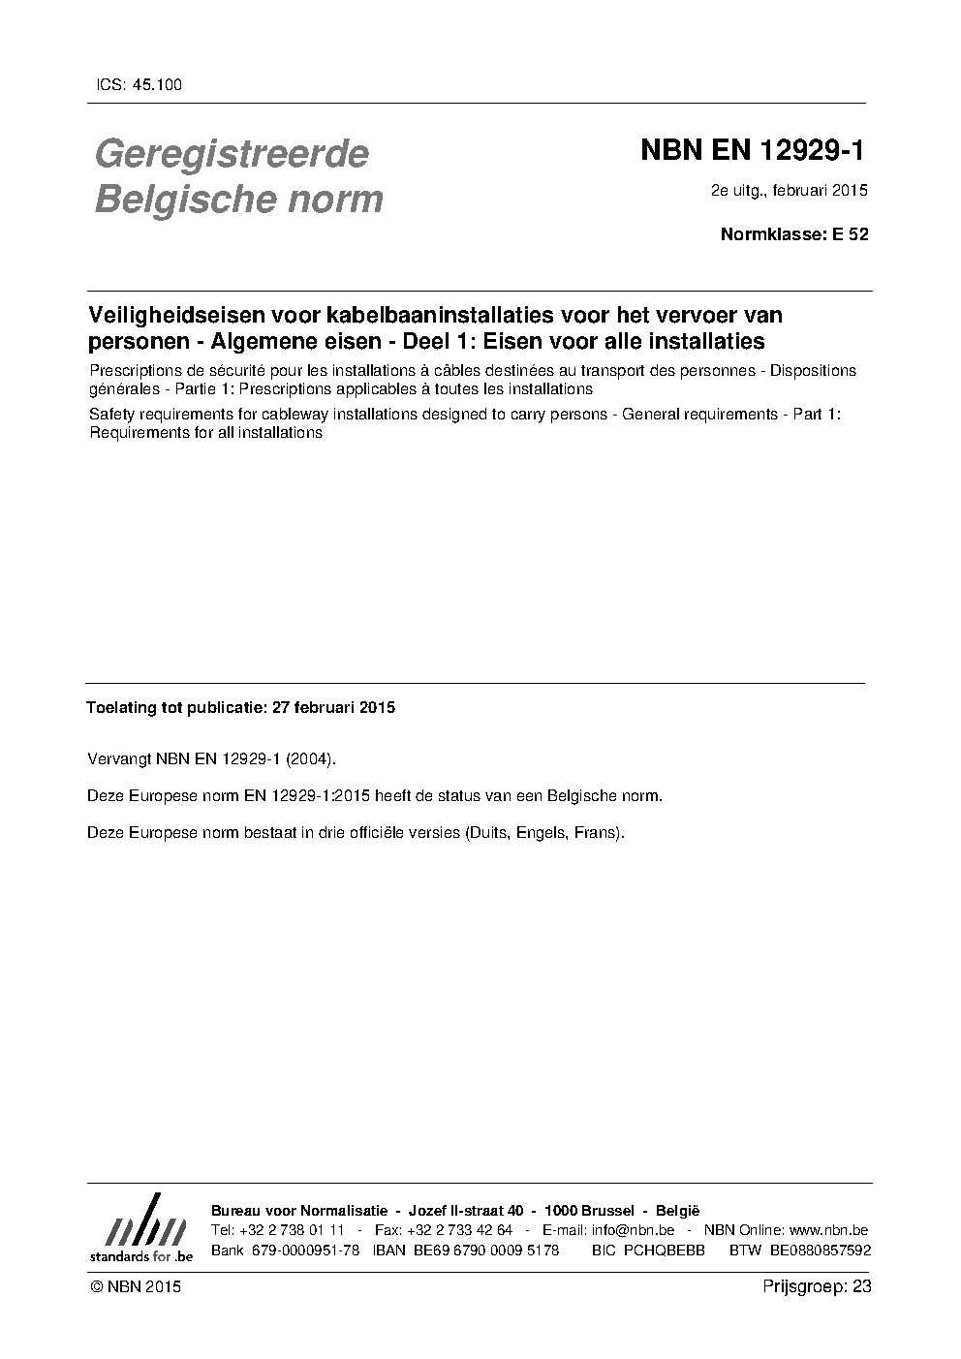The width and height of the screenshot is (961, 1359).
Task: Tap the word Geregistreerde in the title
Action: [x=232, y=153]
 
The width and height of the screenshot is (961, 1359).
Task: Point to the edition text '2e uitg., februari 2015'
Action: [x=789, y=190]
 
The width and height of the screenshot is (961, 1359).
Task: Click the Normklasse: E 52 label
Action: [x=794, y=233]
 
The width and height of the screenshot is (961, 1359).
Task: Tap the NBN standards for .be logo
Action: [x=141, y=1229]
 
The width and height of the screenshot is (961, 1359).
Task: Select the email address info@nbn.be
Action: [x=633, y=1230]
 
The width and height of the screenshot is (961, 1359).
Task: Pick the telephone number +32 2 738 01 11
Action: [x=291, y=1230]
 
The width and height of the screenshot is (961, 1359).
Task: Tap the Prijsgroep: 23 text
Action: [x=818, y=1287]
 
